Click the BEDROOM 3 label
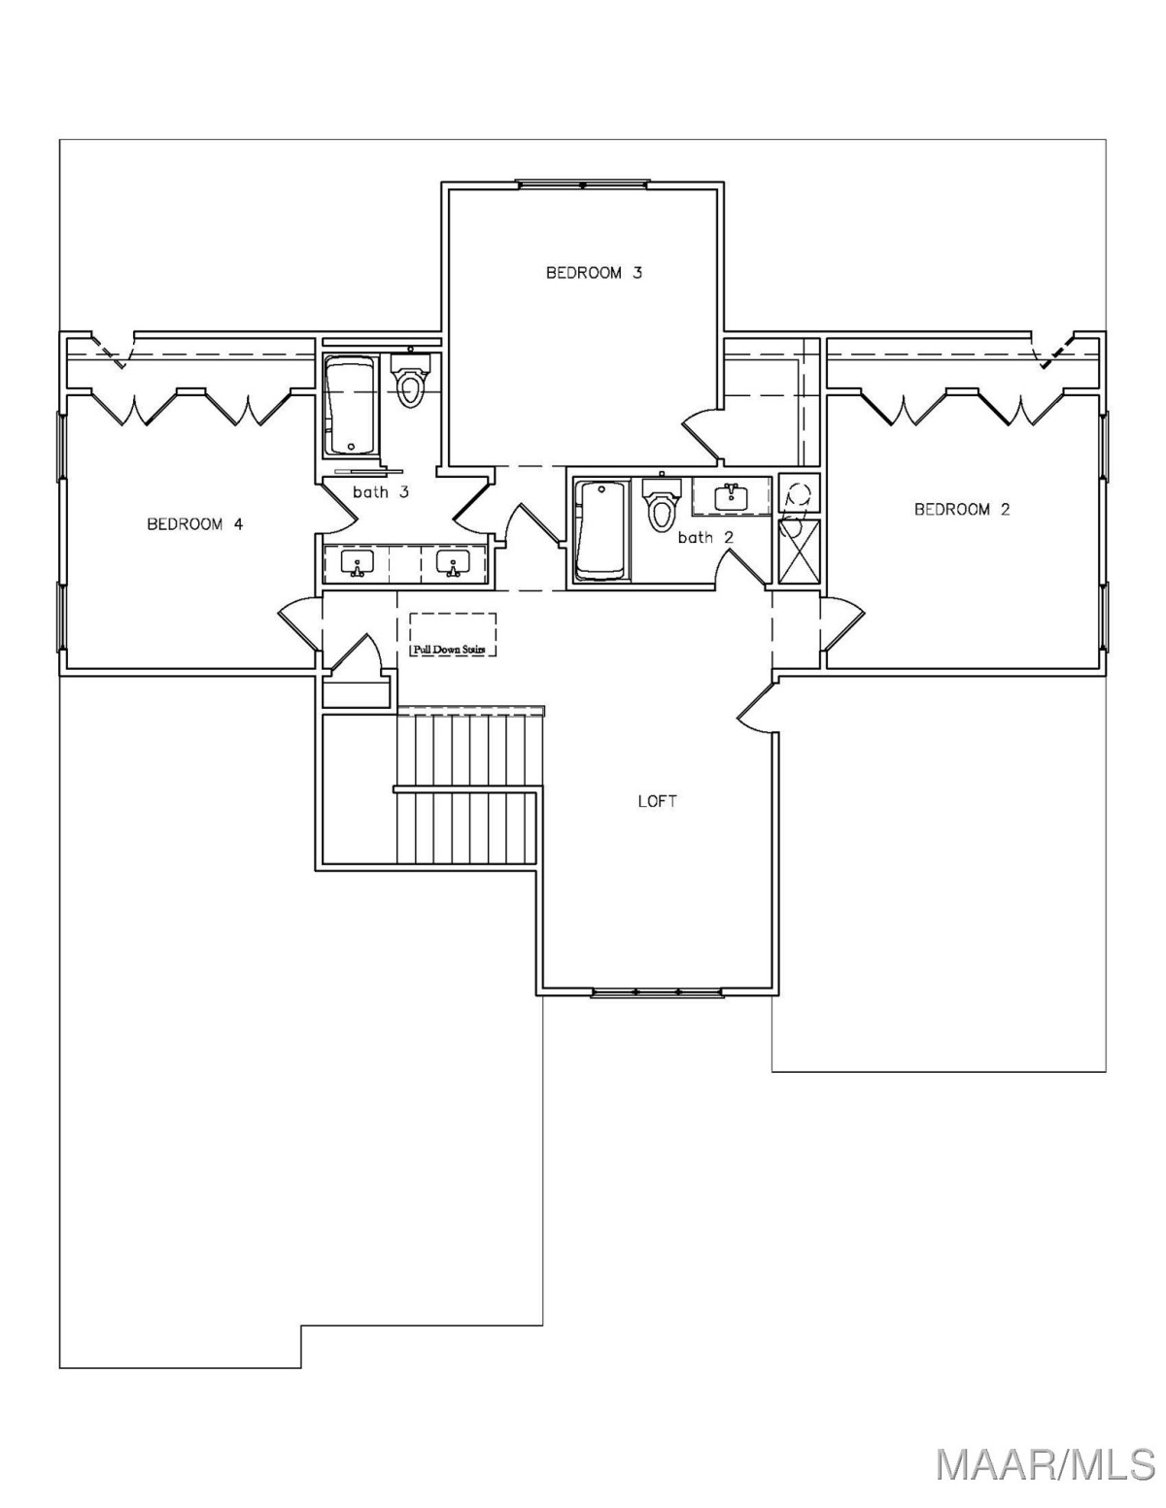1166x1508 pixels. point(594,273)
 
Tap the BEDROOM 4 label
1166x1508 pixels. point(194,524)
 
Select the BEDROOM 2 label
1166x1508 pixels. point(962,510)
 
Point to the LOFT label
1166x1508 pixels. point(657,801)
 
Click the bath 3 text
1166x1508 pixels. point(381,492)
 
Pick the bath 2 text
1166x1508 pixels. point(705,536)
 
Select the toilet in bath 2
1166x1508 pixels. point(661,502)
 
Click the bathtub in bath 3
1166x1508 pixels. point(351,407)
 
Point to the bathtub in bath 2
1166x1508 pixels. point(601,530)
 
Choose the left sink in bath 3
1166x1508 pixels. point(358,562)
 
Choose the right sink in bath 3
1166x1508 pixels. point(454,562)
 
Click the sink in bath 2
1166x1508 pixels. point(731,495)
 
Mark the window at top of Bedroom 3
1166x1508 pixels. point(583,184)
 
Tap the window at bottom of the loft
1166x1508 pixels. point(657,993)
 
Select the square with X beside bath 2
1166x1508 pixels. point(800,552)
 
